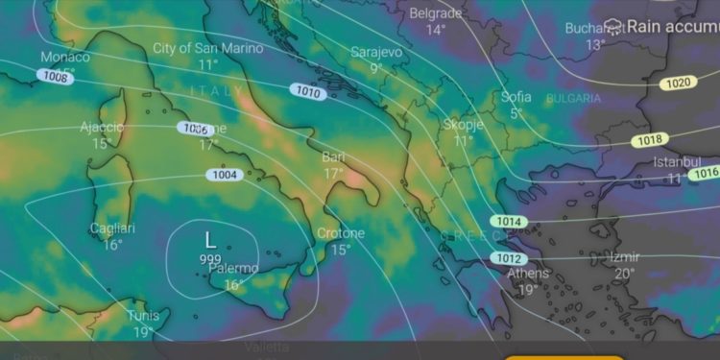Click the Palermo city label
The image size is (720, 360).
(233, 269)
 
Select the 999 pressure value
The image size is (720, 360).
(210, 259)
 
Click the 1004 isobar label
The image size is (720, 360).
(224, 175)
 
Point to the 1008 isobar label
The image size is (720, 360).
(56, 76)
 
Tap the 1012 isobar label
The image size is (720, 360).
(509, 258)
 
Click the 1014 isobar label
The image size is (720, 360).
(509, 222)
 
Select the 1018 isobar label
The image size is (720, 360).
(647, 140)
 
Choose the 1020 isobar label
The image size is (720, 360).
(677, 84)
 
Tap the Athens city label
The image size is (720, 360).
(528, 274)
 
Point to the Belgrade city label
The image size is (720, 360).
(436, 13)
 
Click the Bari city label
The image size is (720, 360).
(333, 156)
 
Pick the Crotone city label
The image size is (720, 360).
(341, 233)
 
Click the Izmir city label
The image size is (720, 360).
(624, 257)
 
